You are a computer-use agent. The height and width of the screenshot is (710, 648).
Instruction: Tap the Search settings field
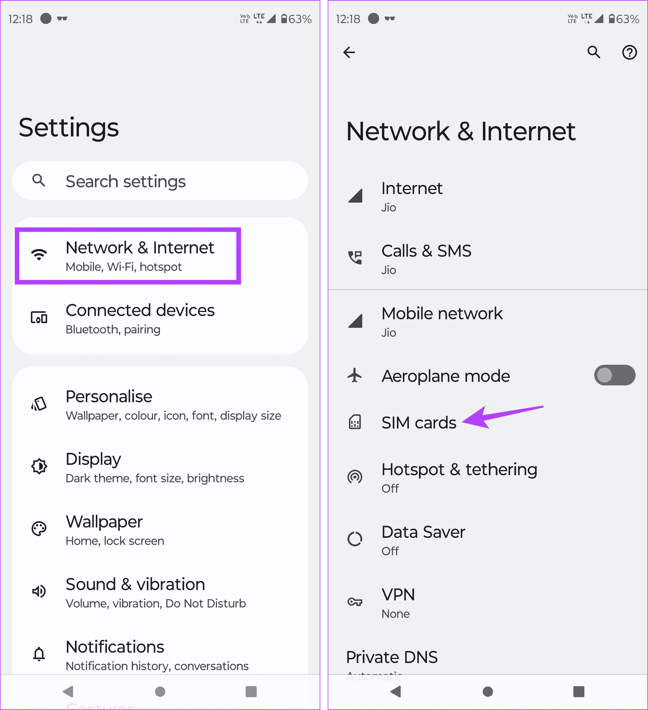tap(160, 181)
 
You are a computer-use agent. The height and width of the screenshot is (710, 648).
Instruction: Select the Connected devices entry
tap(140, 318)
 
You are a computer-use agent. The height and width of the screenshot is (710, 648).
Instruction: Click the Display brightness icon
tap(39, 466)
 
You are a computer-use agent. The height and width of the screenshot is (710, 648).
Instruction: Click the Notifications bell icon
tap(39, 654)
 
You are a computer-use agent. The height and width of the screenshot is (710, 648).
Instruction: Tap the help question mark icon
tap(629, 53)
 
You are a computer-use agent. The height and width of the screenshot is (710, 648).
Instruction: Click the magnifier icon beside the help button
tap(594, 52)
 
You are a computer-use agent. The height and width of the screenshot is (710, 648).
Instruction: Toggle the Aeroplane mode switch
tap(614, 375)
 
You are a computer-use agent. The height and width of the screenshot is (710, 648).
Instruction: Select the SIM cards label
tap(418, 423)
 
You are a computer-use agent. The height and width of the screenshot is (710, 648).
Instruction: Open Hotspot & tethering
tap(459, 477)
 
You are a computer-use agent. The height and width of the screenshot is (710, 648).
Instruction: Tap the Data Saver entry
tap(423, 540)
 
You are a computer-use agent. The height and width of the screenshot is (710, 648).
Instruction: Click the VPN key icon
tap(355, 602)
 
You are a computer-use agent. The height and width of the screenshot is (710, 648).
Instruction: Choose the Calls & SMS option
tap(426, 259)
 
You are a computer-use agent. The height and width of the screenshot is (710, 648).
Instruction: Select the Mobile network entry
tap(442, 321)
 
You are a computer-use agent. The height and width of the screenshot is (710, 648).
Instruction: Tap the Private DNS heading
tap(392, 657)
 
